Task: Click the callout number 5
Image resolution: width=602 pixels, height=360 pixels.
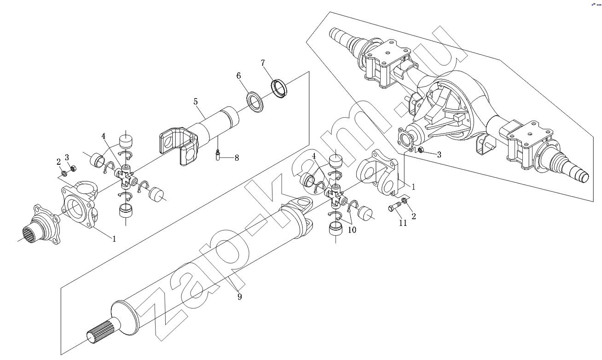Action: (196, 102)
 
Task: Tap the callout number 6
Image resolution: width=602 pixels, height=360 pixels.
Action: (239, 76)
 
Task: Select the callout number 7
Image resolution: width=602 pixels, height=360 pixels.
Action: (262, 63)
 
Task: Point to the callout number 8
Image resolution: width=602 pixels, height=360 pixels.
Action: (237, 158)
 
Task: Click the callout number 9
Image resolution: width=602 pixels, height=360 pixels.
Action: (239, 296)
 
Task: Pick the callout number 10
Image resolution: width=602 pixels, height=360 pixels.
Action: (352, 230)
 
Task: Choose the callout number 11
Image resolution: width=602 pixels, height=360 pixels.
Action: (403, 223)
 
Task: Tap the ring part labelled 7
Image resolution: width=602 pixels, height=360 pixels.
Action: (279, 88)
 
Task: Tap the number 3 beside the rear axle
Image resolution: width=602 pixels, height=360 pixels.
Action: (439, 155)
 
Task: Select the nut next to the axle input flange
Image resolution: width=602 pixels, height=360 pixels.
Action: (421, 150)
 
